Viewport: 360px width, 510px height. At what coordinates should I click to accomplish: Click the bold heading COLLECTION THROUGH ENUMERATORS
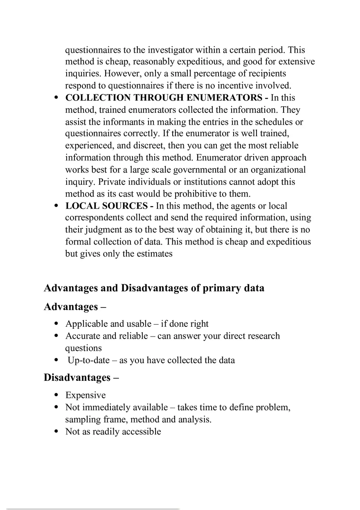point(164,98)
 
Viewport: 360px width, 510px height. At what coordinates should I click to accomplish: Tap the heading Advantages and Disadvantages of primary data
point(154,288)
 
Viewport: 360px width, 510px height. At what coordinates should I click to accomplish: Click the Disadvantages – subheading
point(81,377)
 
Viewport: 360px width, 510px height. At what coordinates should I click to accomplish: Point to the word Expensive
point(85,395)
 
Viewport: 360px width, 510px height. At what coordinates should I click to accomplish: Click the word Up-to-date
point(89,360)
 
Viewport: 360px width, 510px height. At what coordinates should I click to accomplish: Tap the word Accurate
point(81,336)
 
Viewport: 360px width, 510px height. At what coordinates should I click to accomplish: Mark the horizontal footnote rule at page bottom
point(93,509)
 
